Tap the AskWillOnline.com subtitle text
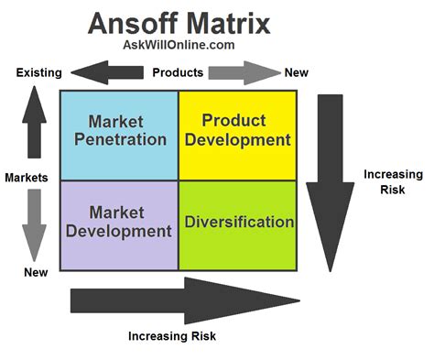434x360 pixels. pos(178,46)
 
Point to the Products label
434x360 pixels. pos(177,71)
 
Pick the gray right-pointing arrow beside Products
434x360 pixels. pos(242,71)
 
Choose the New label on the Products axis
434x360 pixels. pos(297,72)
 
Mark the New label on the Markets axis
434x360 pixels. pos(36,272)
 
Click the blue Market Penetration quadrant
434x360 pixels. pos(118,134)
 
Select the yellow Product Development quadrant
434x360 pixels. pos(237,134)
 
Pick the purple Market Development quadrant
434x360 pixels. pos(118,224)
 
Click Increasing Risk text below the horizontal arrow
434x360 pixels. pos(171,336)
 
